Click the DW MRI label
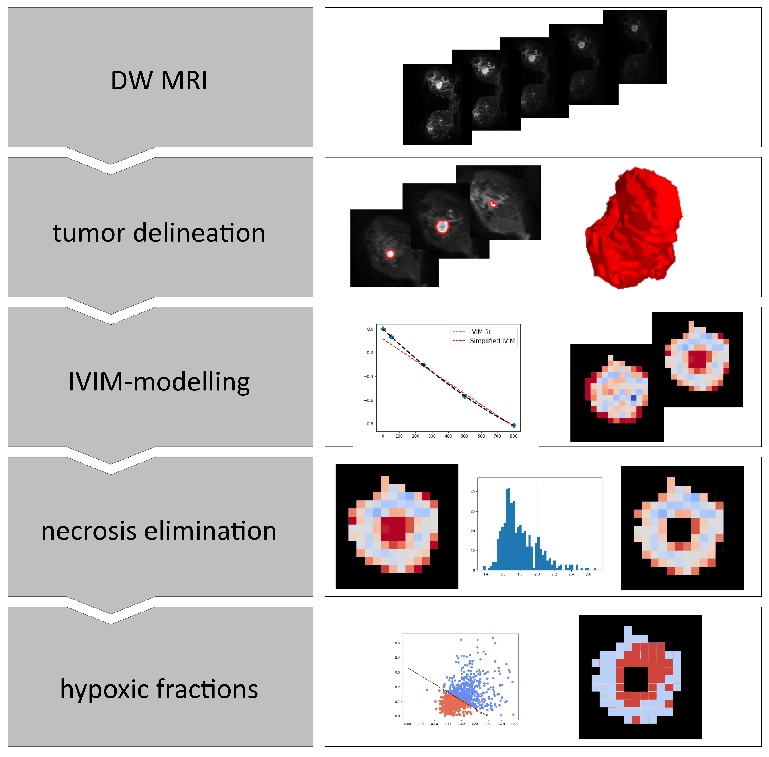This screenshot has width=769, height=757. click(159, 80)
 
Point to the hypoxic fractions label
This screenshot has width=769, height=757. click(159, 689)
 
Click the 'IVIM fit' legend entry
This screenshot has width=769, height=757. click(480, 331)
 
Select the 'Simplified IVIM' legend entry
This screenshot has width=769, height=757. click(492, 341)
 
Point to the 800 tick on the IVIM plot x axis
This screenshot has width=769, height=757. click(513, 436)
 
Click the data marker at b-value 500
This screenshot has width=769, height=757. click(464, 396)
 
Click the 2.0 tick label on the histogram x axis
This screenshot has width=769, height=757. click(537, 574)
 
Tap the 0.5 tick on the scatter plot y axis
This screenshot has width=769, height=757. click(397, 643)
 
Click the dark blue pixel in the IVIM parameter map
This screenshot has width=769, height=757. click(633, 398)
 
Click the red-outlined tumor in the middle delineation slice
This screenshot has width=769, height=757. click(442, 227)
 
